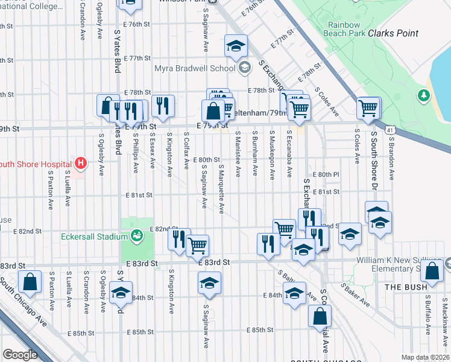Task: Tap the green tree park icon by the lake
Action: [x=424, y=95]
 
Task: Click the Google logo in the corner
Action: [x=20, y=355]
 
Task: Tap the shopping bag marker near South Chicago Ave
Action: [x=30, y=282]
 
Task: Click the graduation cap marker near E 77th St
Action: [x=236, y=45]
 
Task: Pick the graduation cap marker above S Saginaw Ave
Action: [x=209, y=282]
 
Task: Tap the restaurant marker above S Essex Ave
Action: [x=163, y=106]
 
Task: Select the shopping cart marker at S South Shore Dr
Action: [x=368, y=109]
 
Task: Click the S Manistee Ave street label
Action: [x=238, y=154]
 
